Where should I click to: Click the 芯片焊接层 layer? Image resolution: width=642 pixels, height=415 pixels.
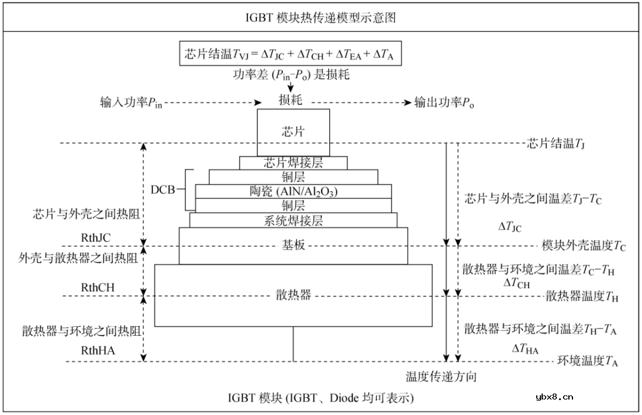click(x=293, y=162)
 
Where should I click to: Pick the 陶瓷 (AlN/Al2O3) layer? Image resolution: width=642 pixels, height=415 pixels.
click(x=293, y=191)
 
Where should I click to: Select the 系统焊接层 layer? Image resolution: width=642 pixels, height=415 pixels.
click(x=293, y=220)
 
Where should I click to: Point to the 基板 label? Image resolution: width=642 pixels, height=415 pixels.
click(x=293, y=245)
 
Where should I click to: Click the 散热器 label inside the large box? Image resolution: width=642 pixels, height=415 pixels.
click(x=293, y=295)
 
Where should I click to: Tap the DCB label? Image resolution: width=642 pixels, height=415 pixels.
click(x=163, y=191)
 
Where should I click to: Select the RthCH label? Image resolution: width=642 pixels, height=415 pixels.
click(x=97, y=288)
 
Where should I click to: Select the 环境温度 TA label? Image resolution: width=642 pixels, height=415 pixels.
click(x=587, y=361)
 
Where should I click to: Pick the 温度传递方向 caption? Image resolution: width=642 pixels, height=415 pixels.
click(x=441, y=377)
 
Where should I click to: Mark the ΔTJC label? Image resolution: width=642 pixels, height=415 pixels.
click(x=510, y=227)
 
